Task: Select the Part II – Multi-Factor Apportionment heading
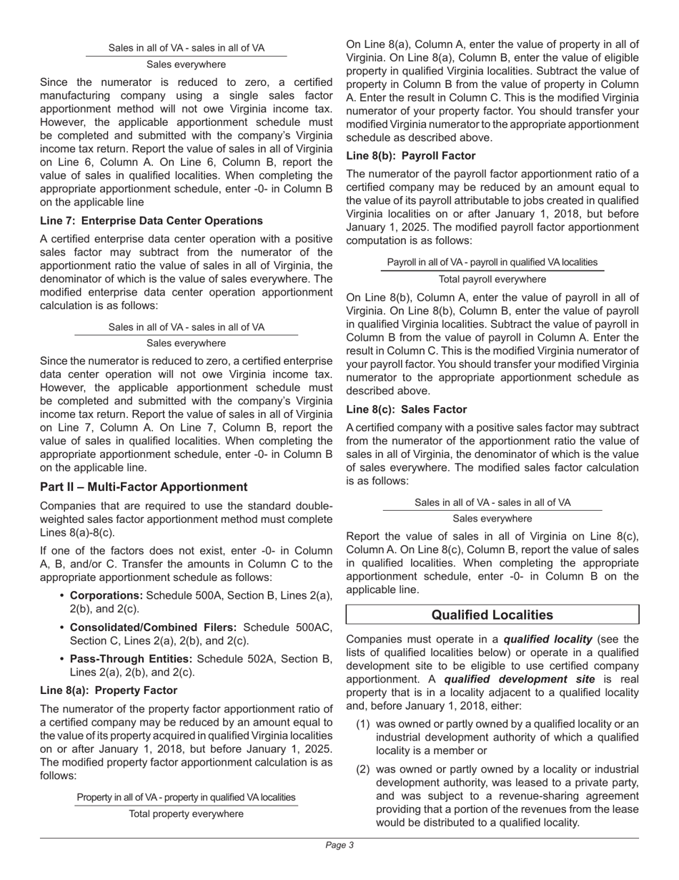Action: [144, 487]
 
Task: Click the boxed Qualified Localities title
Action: [492, 615]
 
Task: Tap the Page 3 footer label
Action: [339, 846]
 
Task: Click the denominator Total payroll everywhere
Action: [492, 279]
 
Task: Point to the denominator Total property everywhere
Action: [186, 814]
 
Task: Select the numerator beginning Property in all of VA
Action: [186, 798]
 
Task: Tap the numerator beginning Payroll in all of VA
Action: [492, 263]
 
